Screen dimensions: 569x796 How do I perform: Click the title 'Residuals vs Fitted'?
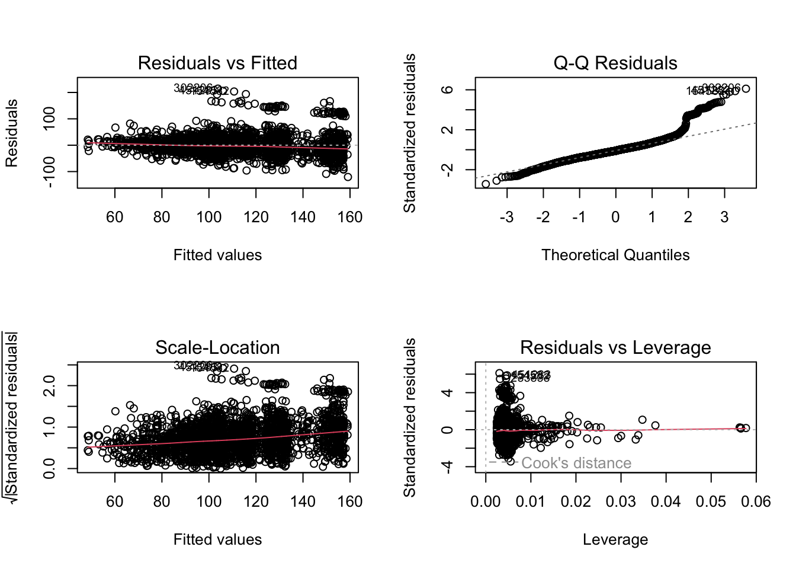pyautogui.click(x=217, y=63)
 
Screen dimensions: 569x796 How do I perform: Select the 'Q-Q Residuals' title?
pyautogui.click(x=615, y=63)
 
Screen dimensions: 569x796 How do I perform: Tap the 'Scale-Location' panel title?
pyautogui.click(x=217, y=347)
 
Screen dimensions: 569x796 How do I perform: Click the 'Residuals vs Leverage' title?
pyautogui.click(x=615, y=347)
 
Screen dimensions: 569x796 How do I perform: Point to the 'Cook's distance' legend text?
pyautogui.click(x=576, y=463)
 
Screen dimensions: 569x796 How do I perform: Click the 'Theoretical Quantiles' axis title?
pyautogui.click(x=615, y=255)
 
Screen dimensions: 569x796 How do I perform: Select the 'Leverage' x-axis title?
pyautogui.click(x=615, y=539)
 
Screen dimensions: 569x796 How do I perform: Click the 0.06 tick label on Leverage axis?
pyautogui.click(x=756, y=501)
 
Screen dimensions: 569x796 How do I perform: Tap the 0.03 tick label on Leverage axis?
pyautogui.click(x=621, y=501)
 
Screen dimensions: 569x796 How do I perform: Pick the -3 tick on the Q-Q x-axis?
pyautogui.click(x=506, y=217)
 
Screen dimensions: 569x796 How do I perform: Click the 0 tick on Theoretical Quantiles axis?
pyautogui.click(x=615, y=217)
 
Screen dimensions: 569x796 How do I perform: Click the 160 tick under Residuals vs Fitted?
pyautogui.click(x=350, y=217)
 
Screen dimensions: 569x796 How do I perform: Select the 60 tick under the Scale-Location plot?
pyautogui.click(x=115, y=501)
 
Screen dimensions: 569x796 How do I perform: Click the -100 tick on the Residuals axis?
pyautogui.click(x=50, y=171)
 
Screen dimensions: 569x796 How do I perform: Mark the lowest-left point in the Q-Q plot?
pyautogui.click(x=486, y=184)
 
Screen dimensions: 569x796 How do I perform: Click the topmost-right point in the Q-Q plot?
pyautogui.click(x=746, y=89)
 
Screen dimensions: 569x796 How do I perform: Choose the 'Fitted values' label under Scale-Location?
pyautogui.click(x=217, y=539)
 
